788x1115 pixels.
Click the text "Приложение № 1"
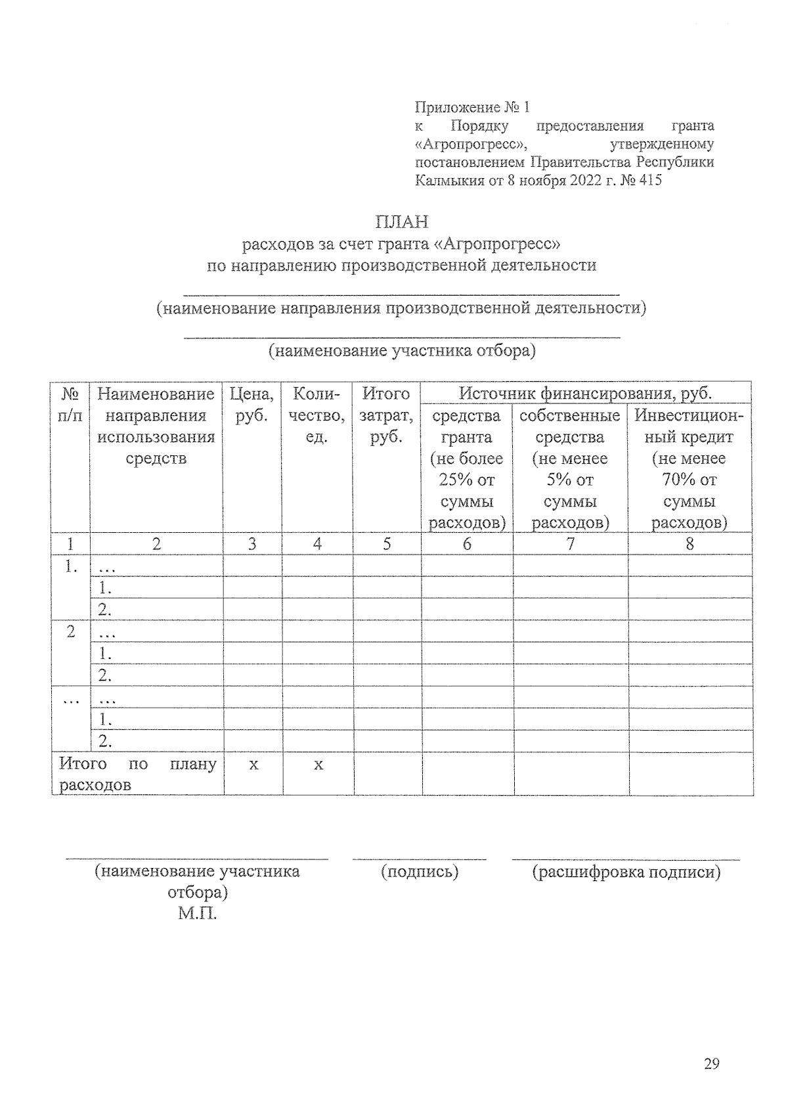[x=472, y=107]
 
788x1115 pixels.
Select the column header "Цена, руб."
[x=252, y=405]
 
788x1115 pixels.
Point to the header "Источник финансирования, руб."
[x=586, y=394]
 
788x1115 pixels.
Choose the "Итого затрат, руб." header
[x=387, y=415]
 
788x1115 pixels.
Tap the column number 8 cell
[x=689, y=543]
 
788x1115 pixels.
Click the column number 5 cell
[x=387, y=543]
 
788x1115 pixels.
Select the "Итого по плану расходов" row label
[x=137, y=774]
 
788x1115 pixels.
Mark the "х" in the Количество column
[x=318, y=764]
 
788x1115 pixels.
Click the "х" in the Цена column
[x=253, y=764]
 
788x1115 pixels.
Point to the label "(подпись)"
[x=420, y=872]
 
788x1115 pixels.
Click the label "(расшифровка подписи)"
[x=626, y=872]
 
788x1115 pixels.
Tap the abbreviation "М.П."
[x=197, y=913]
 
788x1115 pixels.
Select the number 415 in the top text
[x=649, y=180]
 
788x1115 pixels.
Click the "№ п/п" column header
[x=70, y=405]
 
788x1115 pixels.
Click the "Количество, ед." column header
[x=318, y=415]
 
